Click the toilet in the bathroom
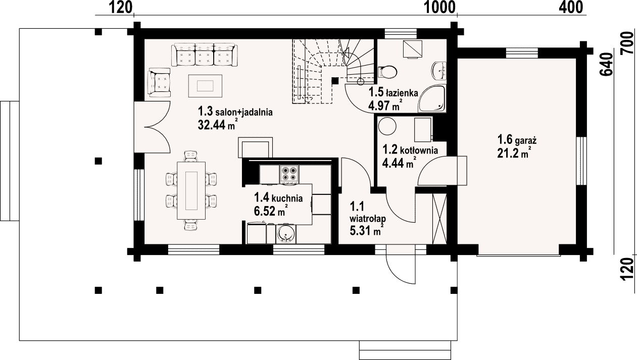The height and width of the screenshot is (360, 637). click(387, 72)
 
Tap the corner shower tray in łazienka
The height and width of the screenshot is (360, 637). click(432, 99)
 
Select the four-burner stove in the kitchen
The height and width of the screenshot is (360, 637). click(289, 174)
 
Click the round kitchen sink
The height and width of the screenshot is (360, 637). click(285, 234)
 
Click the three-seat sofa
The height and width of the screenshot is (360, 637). click(204, 55)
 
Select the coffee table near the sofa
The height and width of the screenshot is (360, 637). click(205, 85)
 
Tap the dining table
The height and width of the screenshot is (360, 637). click(191, 190)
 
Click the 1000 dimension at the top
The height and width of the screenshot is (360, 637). click(439, 7)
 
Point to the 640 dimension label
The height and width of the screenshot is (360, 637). click(606, 64)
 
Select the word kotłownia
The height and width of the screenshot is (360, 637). click(419, 150)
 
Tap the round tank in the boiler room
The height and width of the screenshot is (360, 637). click(387, 126)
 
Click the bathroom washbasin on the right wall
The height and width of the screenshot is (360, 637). click(439, 71)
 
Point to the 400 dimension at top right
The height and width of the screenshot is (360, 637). click(570, 7)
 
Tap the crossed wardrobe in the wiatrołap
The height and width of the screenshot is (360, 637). click(439, 219)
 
